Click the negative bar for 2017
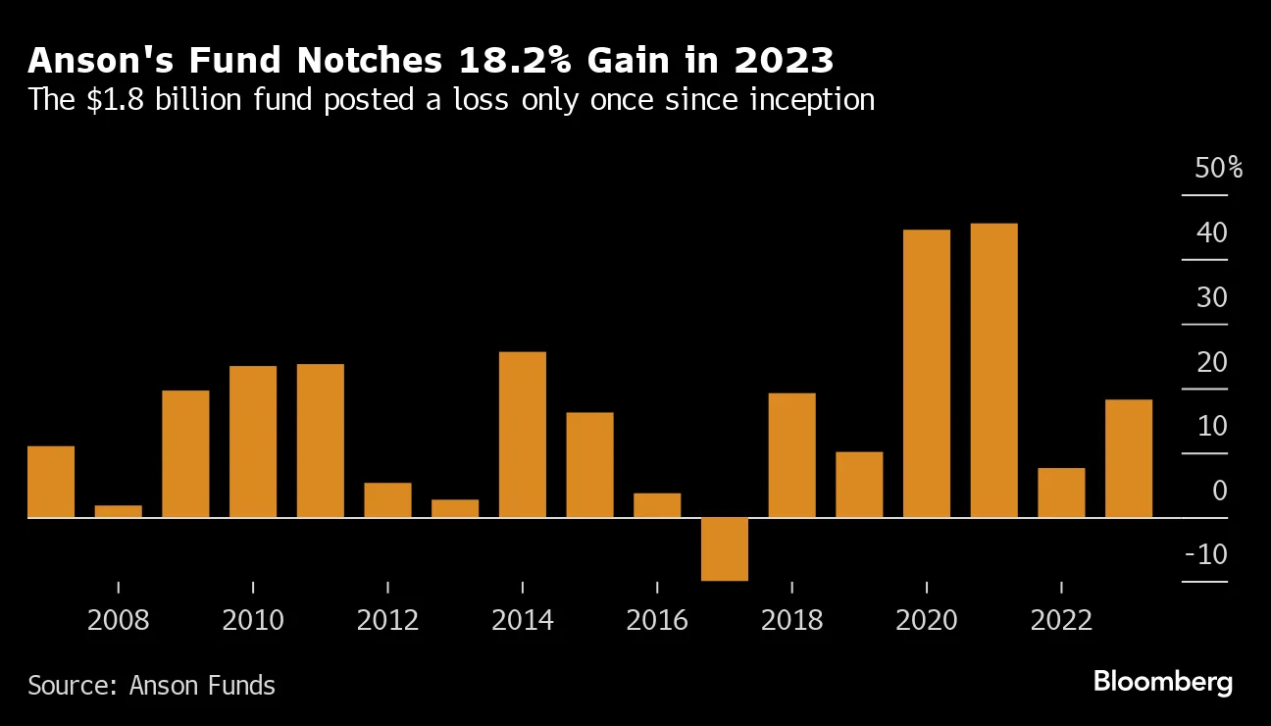click(x=725, y=548)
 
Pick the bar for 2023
click(x=1129, y=458)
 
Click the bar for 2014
click(x=523, y=434)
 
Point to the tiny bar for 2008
click(x=119, y=511)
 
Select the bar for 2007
click(x=51, y=482)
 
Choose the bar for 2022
click(x=1061, y=493)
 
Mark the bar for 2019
click(x=859, y=485)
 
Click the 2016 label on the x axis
click(x=657, y=621)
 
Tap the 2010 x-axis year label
click(x=253, y=621)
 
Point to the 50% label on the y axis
click(x=1218, y=169)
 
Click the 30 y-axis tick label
click(x=1211, y=298)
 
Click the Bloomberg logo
click(x=1162, y=683)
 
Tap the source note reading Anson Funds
click(x=151, y=685)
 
